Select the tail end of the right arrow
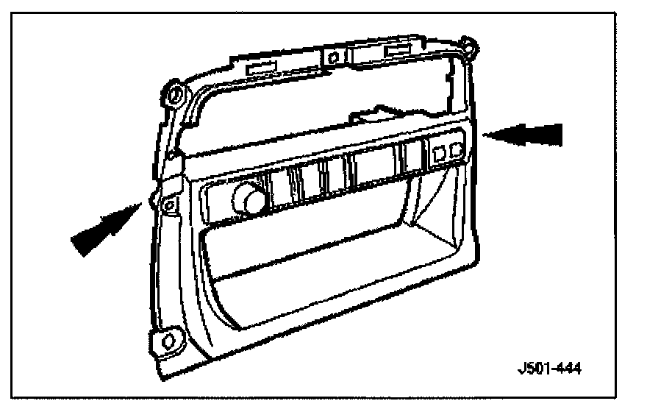click(x=562, y=135)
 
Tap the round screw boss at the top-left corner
click(x=174, y=93)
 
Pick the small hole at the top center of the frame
click(x=332, y=57)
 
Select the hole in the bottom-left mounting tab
click(x=167, y=339)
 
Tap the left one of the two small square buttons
click(x=439, y=153)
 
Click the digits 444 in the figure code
click(x=568, y=368)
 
